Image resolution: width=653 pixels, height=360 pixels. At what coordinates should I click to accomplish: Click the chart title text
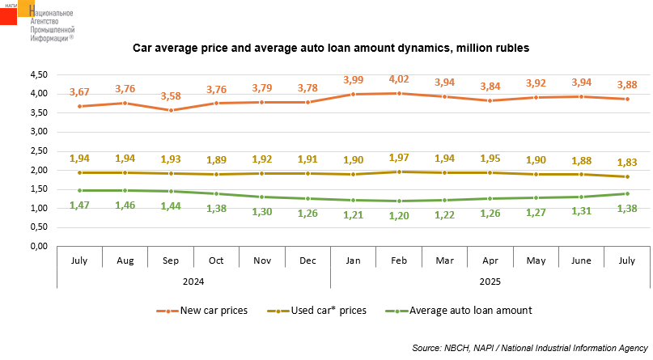331,49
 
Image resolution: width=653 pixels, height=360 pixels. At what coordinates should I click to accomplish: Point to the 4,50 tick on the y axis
37,74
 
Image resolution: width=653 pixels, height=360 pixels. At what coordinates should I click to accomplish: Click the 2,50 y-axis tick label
37,150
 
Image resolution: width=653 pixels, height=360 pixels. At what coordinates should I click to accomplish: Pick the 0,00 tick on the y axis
37,247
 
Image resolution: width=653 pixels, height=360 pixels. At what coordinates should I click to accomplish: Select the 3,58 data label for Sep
171,96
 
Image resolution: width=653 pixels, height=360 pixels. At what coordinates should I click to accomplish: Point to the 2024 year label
193,281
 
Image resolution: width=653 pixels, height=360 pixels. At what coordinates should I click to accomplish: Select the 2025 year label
490,281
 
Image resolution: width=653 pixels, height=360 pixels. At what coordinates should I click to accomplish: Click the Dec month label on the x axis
307,261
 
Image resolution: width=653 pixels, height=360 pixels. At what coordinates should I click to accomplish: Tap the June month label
581,261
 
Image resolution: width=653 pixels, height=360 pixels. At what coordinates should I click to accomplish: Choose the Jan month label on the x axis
353,261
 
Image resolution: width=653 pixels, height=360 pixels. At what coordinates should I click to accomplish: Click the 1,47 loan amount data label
79,205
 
